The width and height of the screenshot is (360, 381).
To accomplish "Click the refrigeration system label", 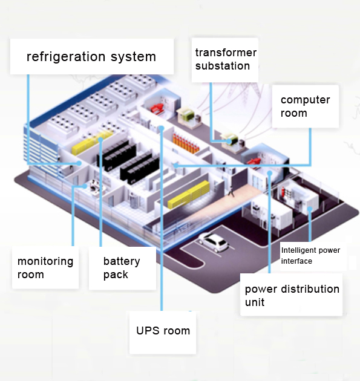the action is pyautogui.click(x=91, y=56).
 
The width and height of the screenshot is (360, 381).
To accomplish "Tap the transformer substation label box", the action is pyautogui.click(x=225, y=60).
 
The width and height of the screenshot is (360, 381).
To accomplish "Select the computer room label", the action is pyautogui.click(x=306, y=106).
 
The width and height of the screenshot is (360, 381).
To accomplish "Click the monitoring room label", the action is pyautogui.click(x=45, y=267).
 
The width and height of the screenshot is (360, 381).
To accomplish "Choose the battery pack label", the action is pyautogui.click(x=122, y=268).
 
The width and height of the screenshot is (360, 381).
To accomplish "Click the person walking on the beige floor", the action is pyautogui.click(x=231, y=190).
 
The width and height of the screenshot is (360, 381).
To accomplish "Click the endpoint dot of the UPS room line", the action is pyautogui.click(x=162, y=128).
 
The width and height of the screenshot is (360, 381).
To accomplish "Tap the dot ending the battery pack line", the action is pyautogui.click(x=100, y=140).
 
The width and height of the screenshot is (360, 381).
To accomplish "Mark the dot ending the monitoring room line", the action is pyautogui.click(x=85, y=186).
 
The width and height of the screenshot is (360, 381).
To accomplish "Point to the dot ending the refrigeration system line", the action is pyautogui.click(x=79, y=163).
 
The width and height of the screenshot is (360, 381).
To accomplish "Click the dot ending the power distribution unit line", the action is pyautogui.click(x=269, y=173).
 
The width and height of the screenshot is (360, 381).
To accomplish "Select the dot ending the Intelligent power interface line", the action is pyautogui.click(x=310, y=209).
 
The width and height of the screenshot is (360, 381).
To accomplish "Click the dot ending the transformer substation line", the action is pyautogui.click(x=229, y=141).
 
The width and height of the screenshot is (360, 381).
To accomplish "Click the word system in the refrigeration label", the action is pyautogui.click(x=133, y=57).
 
